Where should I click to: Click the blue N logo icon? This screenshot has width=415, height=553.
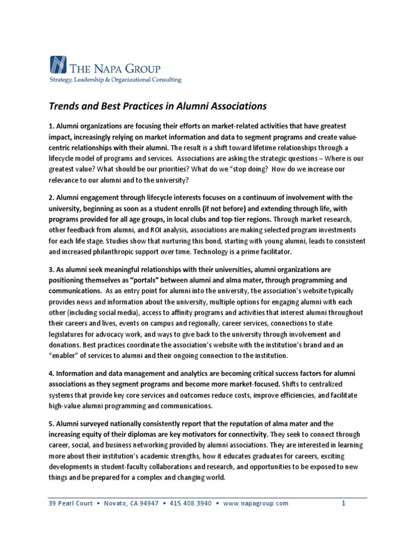click(58, 65)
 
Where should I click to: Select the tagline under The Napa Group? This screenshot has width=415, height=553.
click(116, 80)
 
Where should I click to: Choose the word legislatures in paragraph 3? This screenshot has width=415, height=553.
click(70, 334)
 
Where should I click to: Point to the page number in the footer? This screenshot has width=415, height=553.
click(343, 503)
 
